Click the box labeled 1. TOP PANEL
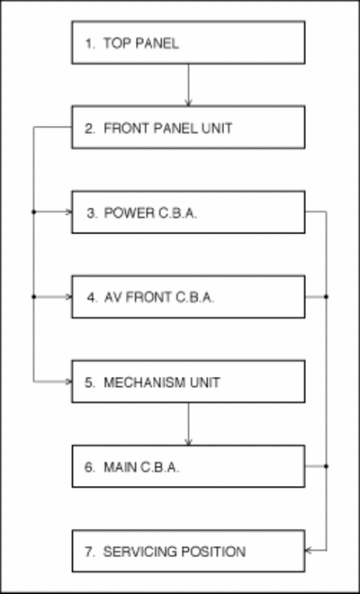188,42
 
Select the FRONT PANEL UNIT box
188,127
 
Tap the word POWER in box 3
130,213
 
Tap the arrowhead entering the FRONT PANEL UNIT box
188,103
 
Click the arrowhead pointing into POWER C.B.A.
68,212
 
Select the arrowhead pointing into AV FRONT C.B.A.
68,297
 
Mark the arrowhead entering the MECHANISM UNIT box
68,382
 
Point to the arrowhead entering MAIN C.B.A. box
188,442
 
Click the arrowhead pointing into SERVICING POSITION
309,550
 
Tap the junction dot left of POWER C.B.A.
33,212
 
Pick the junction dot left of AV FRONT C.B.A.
33,297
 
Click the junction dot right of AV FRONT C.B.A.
327,297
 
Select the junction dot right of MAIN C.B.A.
327,466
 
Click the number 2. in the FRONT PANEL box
90,129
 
